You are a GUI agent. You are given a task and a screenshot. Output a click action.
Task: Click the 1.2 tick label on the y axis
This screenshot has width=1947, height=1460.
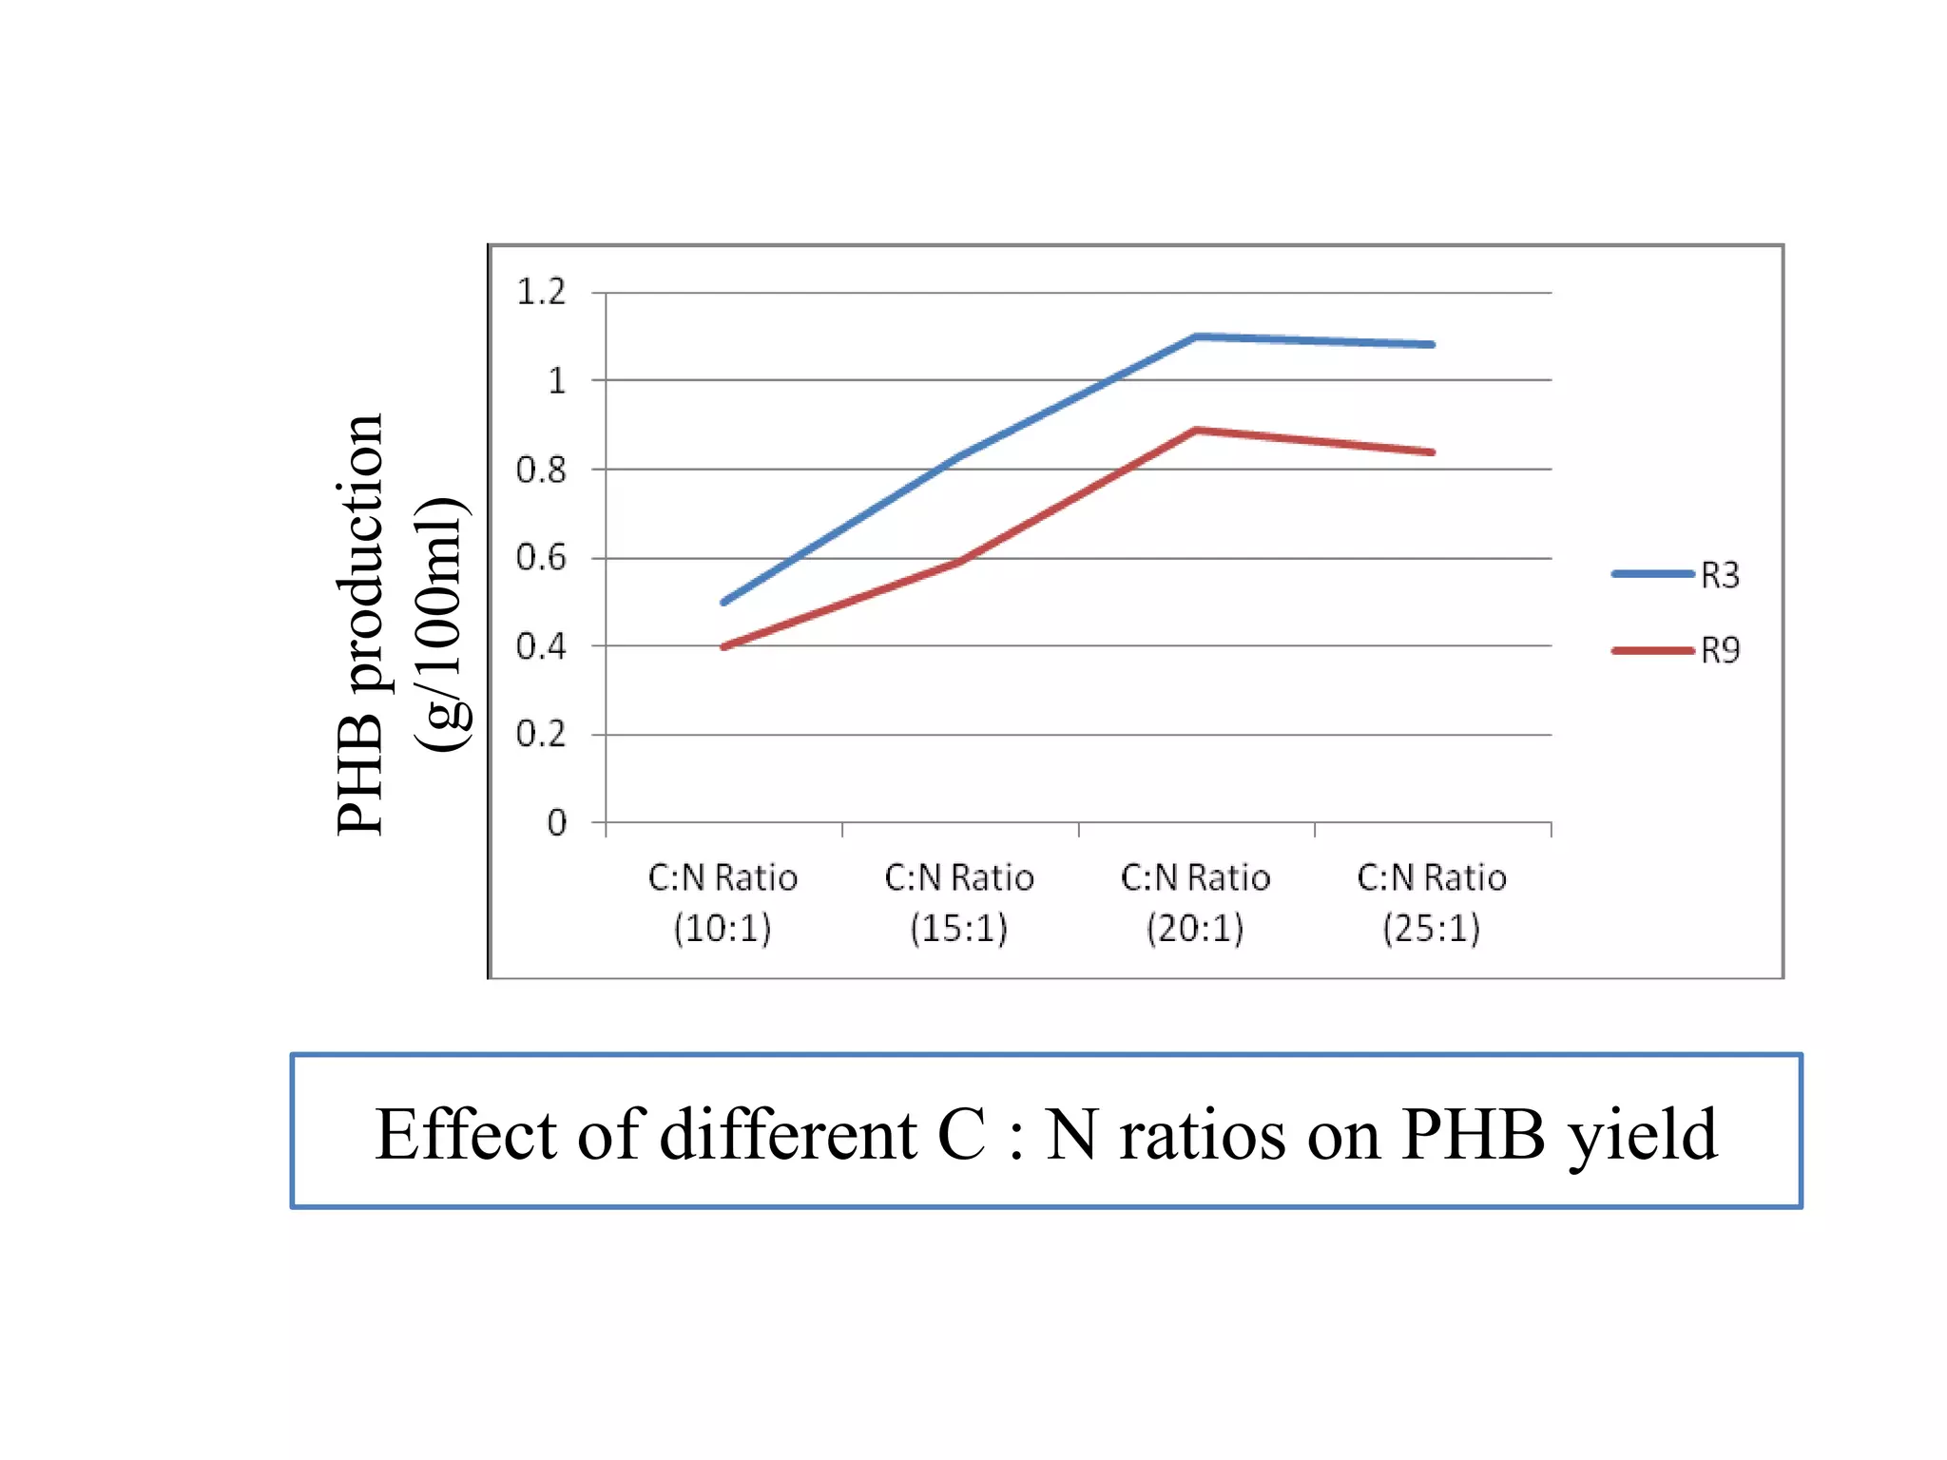(540, 292)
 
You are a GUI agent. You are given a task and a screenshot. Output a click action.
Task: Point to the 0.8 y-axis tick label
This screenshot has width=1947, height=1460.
(540, 470)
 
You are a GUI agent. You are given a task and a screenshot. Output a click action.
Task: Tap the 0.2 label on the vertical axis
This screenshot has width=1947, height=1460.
(540, 734)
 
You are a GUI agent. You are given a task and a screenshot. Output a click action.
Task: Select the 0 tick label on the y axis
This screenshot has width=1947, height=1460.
(556, 823)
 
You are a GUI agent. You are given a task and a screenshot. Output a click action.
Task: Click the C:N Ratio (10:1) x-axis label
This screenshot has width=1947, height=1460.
(723, 902)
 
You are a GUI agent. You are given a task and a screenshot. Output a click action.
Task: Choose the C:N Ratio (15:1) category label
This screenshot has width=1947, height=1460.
(959, 902)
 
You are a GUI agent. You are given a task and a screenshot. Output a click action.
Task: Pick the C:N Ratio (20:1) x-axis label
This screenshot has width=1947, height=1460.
(1195, 902)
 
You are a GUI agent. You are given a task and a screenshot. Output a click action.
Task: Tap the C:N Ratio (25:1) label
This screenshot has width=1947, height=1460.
(1432, 902)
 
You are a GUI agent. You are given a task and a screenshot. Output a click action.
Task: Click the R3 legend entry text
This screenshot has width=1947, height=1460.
(1720, 575)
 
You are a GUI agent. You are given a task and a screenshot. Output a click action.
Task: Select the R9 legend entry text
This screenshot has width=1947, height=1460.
(1720, 651)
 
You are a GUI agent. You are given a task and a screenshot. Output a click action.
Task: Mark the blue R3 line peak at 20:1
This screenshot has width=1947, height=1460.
(1196, 336)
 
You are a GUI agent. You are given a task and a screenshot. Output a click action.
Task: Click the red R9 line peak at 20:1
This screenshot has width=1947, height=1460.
(1196, 431)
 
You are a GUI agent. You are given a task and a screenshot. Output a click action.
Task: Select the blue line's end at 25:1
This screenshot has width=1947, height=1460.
(1432, 344)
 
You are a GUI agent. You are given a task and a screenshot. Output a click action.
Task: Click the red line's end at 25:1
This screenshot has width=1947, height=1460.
(1432, 452)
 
